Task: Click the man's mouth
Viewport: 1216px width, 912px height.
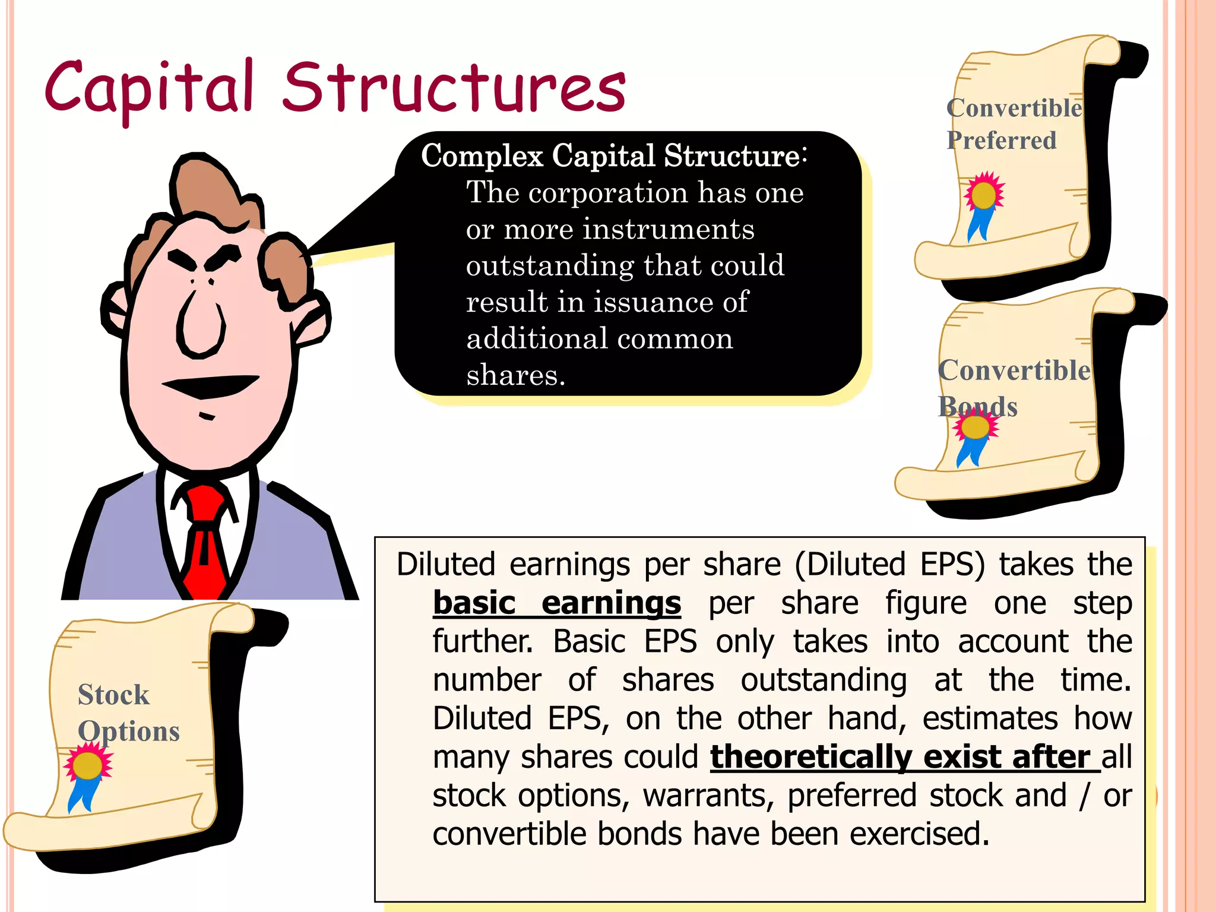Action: click(211, 385)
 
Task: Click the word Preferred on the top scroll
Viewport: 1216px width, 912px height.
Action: click(1002, 141)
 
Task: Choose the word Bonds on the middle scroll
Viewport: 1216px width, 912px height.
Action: click(978, 407)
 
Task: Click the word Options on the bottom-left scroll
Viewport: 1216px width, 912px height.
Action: click(129, 731)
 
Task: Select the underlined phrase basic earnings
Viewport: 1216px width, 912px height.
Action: click(557, 603)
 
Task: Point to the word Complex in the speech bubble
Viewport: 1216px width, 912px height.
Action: click(482, 156)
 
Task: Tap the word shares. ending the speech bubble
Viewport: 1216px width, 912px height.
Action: click(516, 375)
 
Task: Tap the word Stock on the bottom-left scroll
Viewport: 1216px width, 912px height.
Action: click(113, 695)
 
